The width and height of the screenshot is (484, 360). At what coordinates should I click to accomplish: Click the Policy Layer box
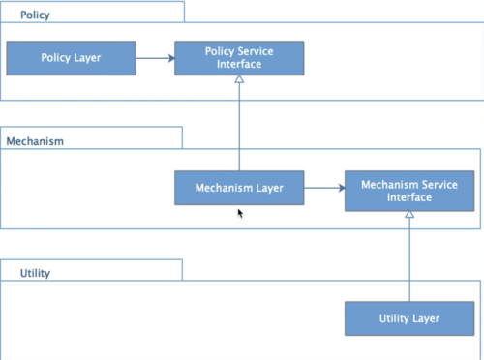(x=71, y=58)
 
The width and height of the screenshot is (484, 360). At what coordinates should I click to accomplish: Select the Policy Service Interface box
(x=239, y=58)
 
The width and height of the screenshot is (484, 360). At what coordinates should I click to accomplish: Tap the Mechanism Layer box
(x=239, y=188)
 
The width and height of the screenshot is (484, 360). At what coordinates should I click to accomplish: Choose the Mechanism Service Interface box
(x=409, y=191)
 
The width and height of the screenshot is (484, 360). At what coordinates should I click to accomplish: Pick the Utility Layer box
(x=409, y=318)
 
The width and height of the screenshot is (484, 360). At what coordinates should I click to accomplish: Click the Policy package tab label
(x=35, y=15)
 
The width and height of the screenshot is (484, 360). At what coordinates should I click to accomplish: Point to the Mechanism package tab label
(x=35, y=141)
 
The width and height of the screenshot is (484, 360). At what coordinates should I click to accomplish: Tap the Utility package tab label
(x=35, y=273)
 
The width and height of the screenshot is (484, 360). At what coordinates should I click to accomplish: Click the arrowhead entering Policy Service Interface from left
(x=171, y=58)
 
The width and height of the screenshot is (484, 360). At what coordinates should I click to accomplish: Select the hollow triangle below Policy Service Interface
(x=239, y=79)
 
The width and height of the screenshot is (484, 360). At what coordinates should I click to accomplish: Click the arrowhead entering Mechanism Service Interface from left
(x=342, y=188)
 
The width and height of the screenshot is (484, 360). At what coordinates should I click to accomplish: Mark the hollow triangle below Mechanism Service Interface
(x=409, y=214)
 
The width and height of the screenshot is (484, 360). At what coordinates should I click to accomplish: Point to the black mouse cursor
(x=240, y=214)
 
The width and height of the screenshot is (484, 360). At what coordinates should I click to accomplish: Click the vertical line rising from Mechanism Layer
(x=239, y=127)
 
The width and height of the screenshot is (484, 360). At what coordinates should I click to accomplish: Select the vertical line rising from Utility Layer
(x=409, y=259)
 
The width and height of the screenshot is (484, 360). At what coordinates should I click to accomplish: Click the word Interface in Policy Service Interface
(x=239, y=64)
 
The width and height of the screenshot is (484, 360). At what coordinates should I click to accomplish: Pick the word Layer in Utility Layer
(x=426, y=318)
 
